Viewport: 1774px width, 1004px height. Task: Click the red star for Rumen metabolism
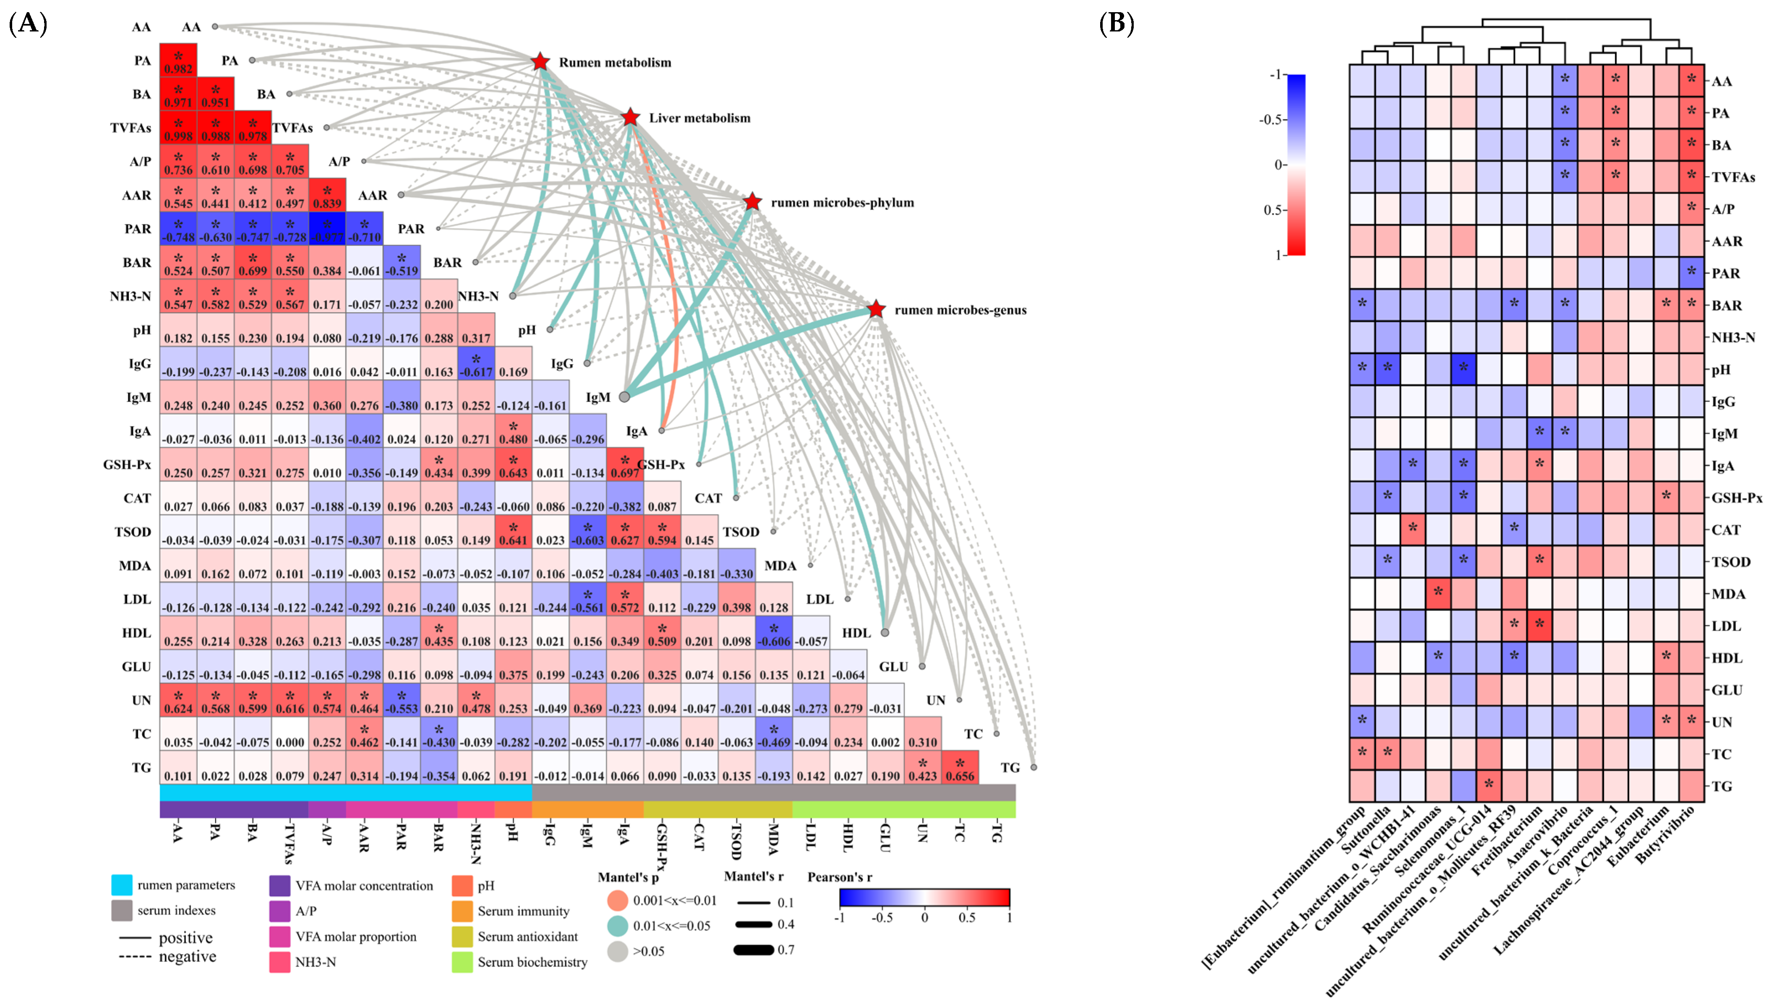coord(540,62)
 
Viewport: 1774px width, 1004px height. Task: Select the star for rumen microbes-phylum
coord(752,202)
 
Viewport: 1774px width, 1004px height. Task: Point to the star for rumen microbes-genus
coord(876,310)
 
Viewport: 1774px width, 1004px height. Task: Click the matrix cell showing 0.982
coord(179,61)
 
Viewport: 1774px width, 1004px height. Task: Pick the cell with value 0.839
coord(328,195)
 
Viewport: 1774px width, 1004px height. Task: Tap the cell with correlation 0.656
coord(960,767)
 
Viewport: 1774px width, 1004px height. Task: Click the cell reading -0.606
coord(774,633)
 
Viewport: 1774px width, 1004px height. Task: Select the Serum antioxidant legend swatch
coord(462,936)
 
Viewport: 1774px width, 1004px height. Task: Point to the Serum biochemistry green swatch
coord(462,962)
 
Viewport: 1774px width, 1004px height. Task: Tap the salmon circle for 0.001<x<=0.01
coord(618,900)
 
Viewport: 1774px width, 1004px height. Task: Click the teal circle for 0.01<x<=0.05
coord(618,926)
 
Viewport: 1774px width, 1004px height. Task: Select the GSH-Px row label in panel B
coord(1736,498)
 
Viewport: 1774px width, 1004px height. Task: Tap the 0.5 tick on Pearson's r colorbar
coord(967,918)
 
